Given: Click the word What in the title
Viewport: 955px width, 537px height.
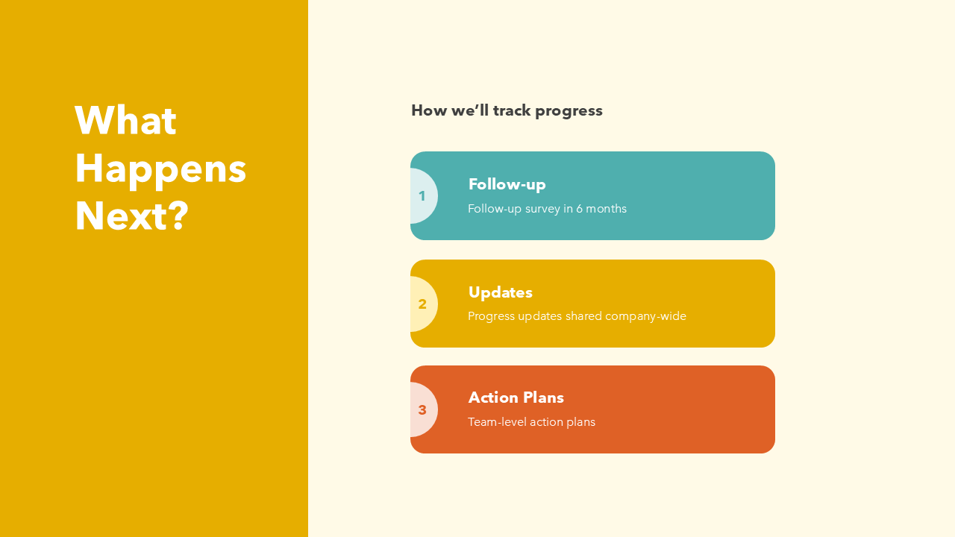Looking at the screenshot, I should tap(125, 121).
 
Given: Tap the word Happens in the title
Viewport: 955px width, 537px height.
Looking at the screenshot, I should tap(160, 169).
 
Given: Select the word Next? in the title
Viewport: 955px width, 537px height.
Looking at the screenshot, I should tap(132, 216).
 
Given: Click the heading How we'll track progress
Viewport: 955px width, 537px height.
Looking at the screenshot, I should tap(507, 110).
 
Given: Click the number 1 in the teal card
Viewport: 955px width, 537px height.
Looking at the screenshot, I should tap(422, 196).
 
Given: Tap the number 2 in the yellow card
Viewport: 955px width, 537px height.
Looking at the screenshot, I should tap(422, 304).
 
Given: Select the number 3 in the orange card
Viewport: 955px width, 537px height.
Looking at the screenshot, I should tap(422, 410).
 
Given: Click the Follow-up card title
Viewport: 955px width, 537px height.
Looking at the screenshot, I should tap(507, 184).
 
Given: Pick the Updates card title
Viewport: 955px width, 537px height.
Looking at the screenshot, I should tap(500, 292).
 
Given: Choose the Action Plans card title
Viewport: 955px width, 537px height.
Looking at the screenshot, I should tap(516, 398).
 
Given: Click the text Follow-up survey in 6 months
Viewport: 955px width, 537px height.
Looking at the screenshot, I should tap(547, 209).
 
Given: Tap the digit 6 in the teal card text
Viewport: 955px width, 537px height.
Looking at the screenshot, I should tap(579, 209).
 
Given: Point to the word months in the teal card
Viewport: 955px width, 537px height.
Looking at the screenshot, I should tap(607, 209).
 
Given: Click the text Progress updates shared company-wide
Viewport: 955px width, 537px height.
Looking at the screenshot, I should tap(577, 316).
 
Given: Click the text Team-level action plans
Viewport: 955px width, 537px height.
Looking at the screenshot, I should tap(531, 422).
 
